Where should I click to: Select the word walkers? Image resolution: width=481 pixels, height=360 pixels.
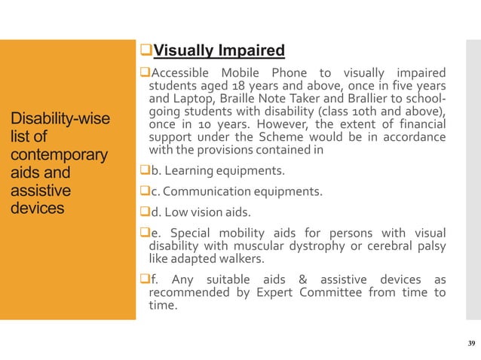pos(240,259)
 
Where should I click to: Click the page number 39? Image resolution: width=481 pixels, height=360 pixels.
pos(470,344)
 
